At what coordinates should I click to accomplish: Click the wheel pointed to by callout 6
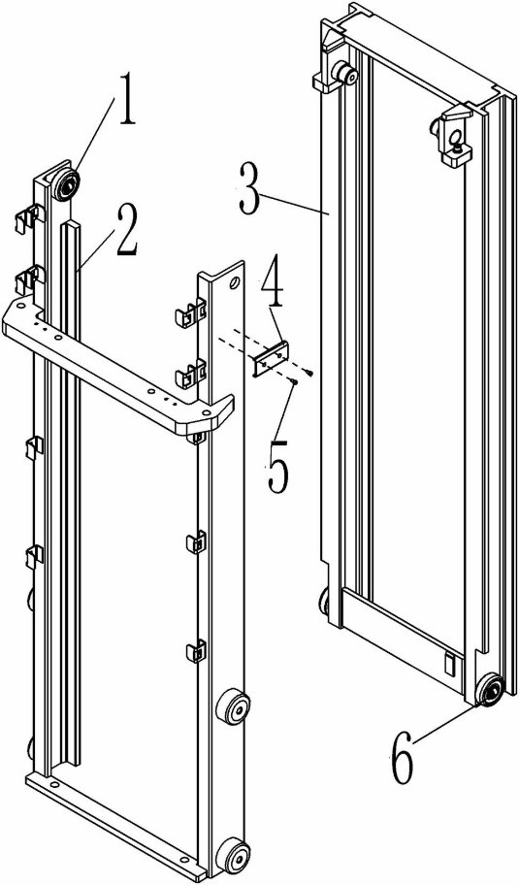click(x=489, y=690)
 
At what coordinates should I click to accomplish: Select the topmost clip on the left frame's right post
click(x=190, y=313)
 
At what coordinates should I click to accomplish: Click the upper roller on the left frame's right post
click(x=235, y=705)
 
